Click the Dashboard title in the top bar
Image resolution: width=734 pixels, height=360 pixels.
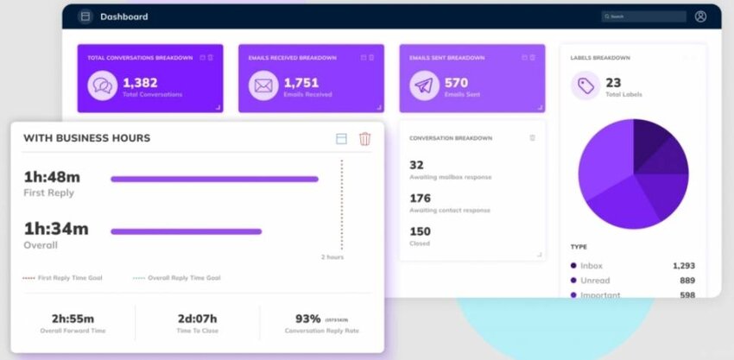tap(123, 16)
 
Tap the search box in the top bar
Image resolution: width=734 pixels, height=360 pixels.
tap(643, 16)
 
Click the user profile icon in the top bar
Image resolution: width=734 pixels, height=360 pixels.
tap(700, 16)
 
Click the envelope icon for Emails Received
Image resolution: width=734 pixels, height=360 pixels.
tap(263, 85)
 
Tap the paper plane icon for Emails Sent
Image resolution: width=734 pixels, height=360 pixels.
tap(423, 85)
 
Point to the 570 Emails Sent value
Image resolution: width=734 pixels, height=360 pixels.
tap(456, 82)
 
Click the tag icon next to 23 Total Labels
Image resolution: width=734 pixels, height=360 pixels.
tap(585, 85)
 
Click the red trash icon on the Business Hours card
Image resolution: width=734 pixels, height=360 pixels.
tap(364, 139)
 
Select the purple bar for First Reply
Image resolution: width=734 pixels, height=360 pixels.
tap(214, 180)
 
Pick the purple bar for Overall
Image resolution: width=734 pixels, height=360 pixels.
tap(186, 231)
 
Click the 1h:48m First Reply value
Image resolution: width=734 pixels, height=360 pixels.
tap(52, 177)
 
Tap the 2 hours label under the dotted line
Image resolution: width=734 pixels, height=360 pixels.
tap(332, 257)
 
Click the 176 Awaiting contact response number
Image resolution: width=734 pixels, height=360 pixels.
tap(421, 199)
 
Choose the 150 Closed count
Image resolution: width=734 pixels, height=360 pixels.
tap(420, 231)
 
